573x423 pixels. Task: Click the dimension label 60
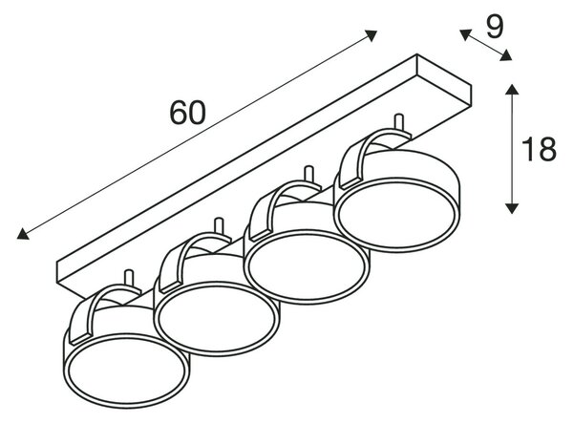click(188, 113)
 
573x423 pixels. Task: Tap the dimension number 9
click(495, 27)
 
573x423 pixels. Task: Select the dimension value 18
click(539, 149)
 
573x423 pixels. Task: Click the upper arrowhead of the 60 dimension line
click(371, 35)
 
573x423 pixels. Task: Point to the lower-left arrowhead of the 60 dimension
click(23, 234)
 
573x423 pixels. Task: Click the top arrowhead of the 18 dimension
click(512, 90)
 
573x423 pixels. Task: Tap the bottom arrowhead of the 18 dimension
click(512, 208)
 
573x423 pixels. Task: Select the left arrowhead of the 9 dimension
click(465, 34)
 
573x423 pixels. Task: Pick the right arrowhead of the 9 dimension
click(506, 55)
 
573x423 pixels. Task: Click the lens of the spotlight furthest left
click(126, 371)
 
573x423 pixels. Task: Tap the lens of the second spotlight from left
click(217, 317)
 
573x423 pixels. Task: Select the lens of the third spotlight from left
click(307, 266)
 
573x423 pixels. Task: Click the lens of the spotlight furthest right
click(397, 215)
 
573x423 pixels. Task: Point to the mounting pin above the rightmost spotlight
click(399, 123)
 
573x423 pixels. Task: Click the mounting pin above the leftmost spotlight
click(129, 278)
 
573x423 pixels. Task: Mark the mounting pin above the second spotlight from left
click(219, 226)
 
